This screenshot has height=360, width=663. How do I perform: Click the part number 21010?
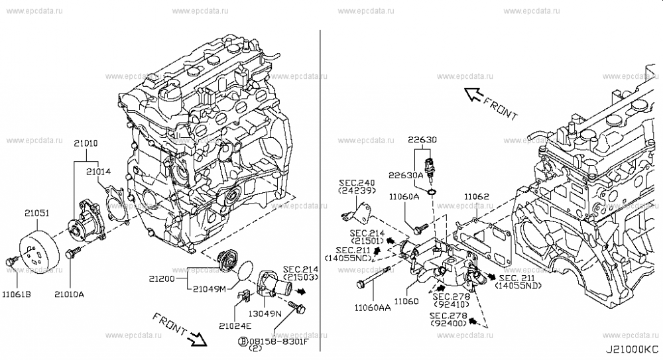tap(85, 143)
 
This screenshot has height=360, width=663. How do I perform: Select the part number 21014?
tap(98, 172)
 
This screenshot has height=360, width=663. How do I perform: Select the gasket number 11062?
tap(476, 196)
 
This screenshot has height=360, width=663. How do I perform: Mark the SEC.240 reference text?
tap(356, 182)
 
